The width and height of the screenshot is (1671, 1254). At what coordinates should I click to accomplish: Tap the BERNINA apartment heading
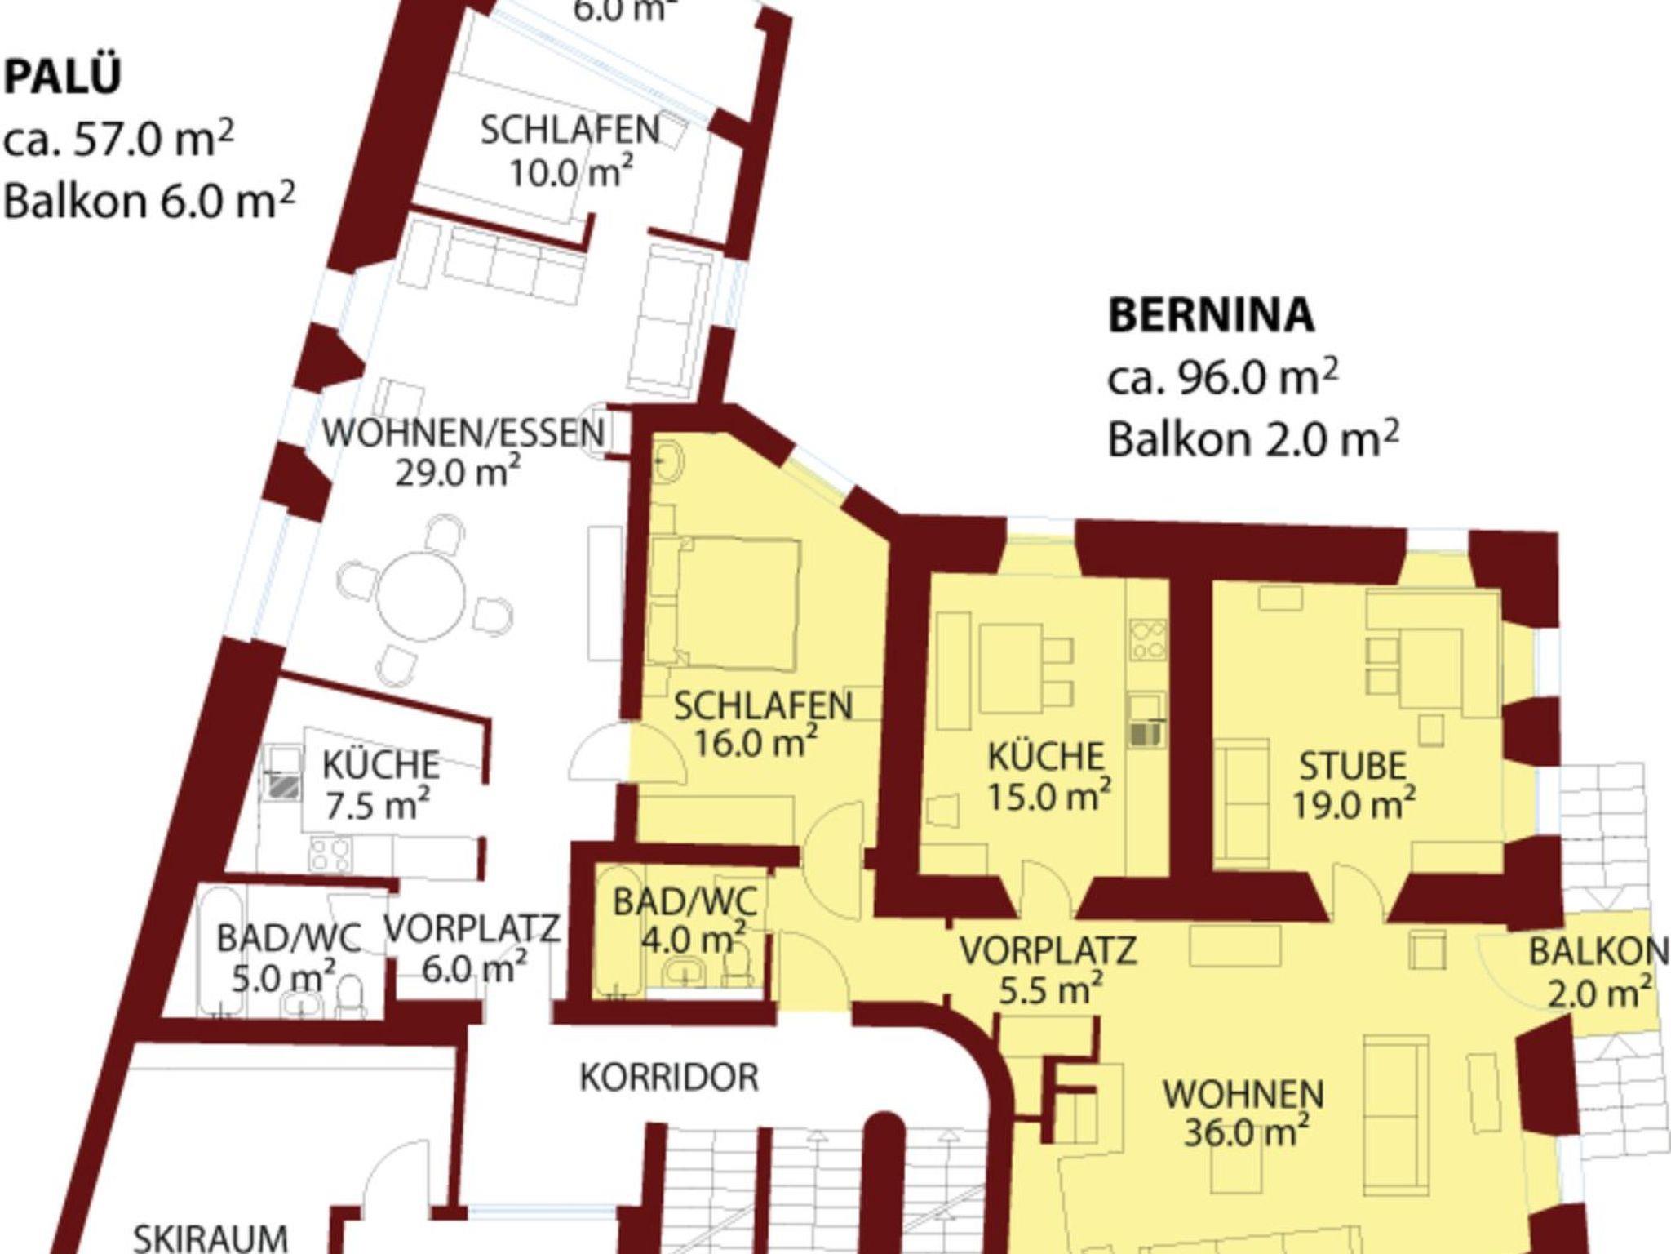click(1211, 315)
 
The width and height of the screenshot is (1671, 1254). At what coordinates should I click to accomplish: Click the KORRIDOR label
click(669, 1078)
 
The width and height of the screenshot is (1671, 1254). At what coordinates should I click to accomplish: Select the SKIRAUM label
click(211, 1238)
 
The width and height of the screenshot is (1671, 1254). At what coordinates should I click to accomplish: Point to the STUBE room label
click(1353, 766)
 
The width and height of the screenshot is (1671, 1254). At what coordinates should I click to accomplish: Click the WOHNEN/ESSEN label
click(463, 433)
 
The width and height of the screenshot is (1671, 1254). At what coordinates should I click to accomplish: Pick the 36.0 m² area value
click(1246, 1133)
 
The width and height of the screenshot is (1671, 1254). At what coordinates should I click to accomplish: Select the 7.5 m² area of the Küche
click(378, 807)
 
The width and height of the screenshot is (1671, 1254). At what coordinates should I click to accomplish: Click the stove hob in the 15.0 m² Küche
click(1148, 639)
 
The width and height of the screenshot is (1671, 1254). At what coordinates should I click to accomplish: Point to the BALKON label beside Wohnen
click(1598, 952)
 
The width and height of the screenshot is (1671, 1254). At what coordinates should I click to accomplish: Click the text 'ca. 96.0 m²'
click(1222, 378)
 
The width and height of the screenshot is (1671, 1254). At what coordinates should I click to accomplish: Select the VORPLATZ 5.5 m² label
click(1048, 968)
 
